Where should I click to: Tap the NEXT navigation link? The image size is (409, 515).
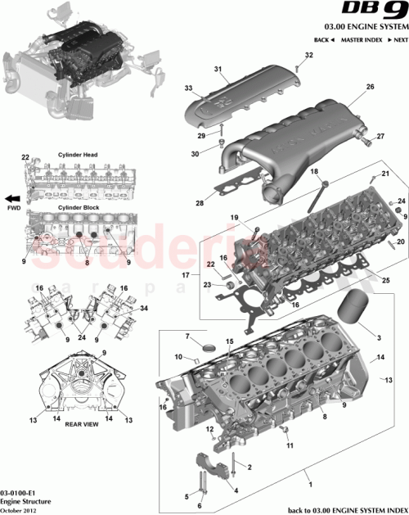point(398,39)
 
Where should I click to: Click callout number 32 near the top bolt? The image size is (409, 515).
point(308,56)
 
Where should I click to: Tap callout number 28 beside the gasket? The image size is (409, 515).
point(200,204)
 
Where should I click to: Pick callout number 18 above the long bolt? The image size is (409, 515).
point(313,171)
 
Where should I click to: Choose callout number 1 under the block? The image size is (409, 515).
point(308,474)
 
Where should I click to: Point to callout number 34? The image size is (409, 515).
point(144,308)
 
